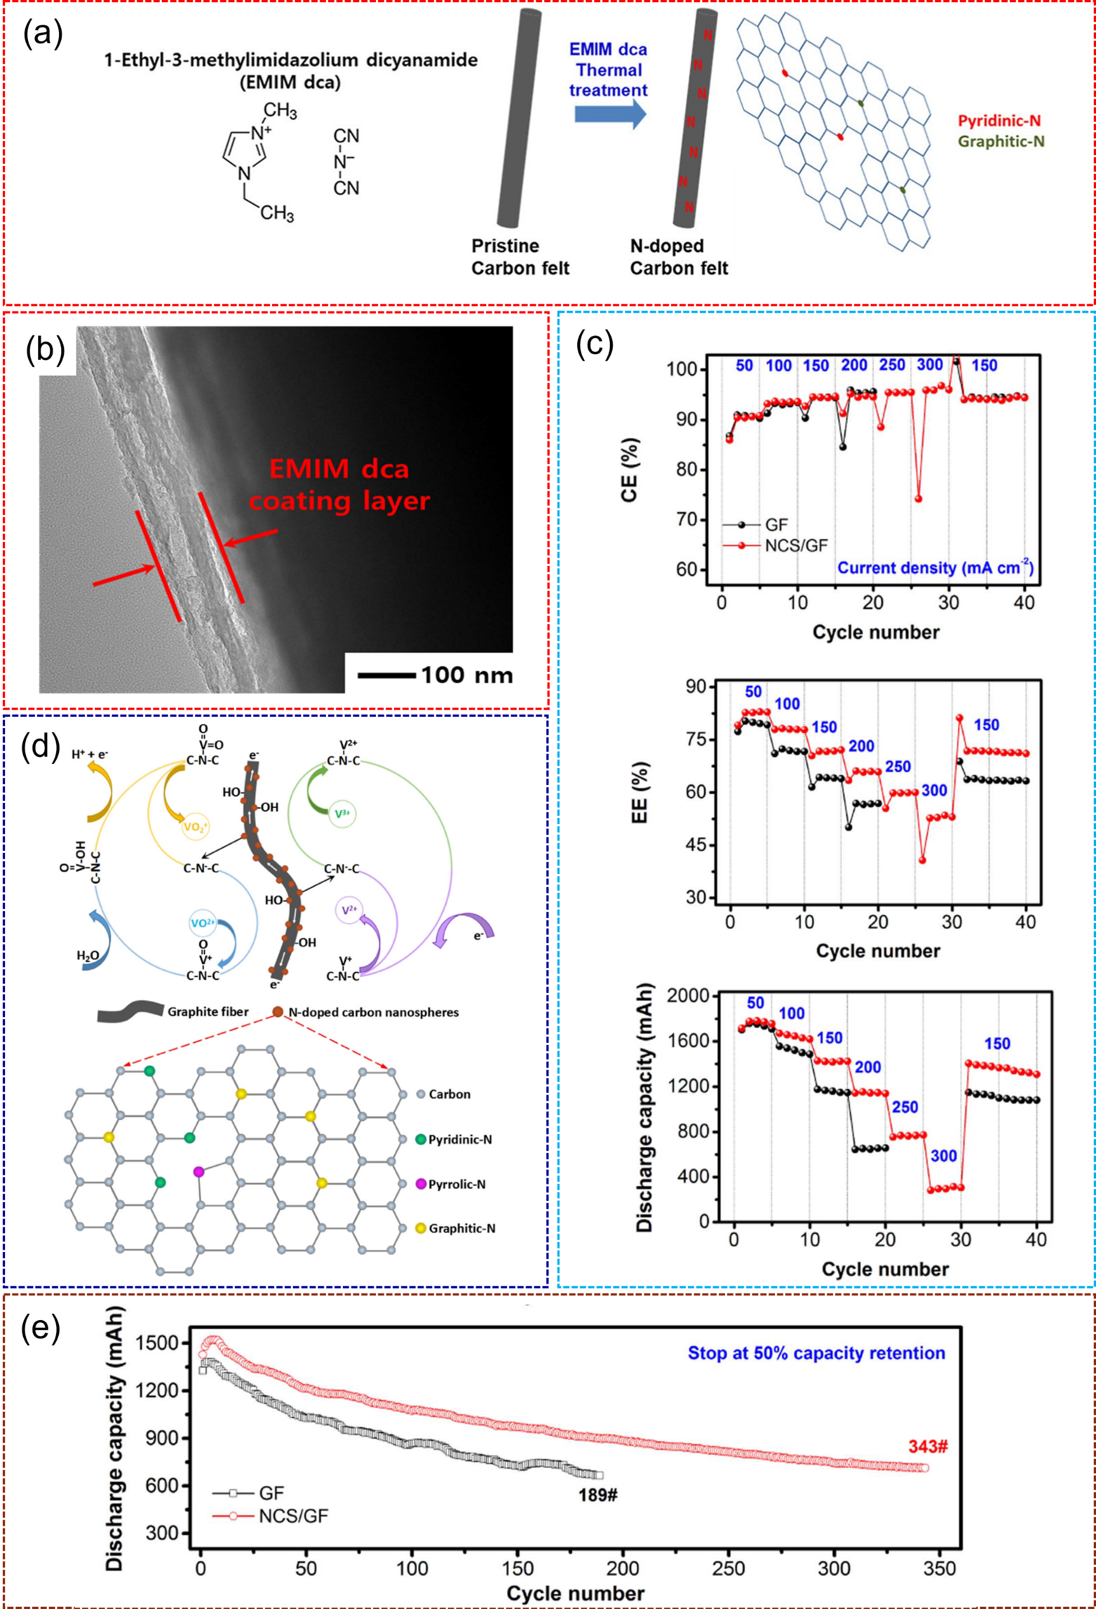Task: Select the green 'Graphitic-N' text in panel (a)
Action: click(1000, 142)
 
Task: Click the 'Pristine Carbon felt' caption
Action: click(520, 257)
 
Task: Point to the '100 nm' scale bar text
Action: click(467, 675)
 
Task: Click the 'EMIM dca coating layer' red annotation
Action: click(339, 485)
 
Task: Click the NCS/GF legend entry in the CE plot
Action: click(795, 545)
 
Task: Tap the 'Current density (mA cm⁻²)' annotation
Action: click(935, 568)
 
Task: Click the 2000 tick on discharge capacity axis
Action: click(687, 996)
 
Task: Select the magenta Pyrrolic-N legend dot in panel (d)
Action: click(420, 1184)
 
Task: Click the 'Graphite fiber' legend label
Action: click(208, 1012)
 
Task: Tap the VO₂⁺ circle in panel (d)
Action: click(195, 826)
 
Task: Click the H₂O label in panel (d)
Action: click(88, 956)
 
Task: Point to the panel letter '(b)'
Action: click(46, 350)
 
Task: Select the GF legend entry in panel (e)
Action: click(270, 1493)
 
